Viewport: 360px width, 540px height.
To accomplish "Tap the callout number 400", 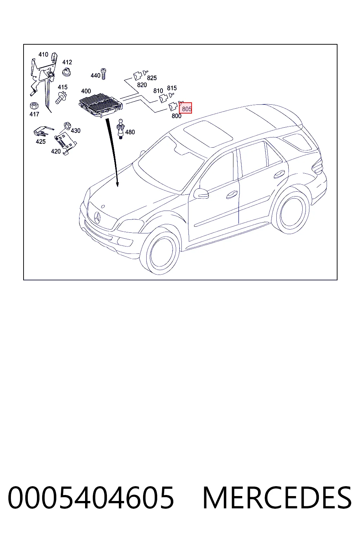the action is click(x=86, y=91).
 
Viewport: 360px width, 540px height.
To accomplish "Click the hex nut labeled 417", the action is click(x=34, y=105).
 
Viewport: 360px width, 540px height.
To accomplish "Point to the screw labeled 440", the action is click(x=104, y=74).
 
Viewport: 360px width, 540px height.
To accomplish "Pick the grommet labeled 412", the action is click(x=66, y=72).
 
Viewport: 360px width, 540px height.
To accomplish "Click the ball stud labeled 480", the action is click(x=120, y=129).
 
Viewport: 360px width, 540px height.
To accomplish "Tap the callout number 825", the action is click(x=152, y=78).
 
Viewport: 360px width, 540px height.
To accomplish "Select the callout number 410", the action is click(x=43, y=54).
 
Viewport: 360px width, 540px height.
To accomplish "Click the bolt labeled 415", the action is click(x=61, y=97).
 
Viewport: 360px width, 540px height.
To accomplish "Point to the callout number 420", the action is click(x=56, y=152).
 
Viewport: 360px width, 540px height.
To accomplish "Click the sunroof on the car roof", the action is click(x=208, y=134).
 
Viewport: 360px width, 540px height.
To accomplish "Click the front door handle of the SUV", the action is click(x=232, y=195).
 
